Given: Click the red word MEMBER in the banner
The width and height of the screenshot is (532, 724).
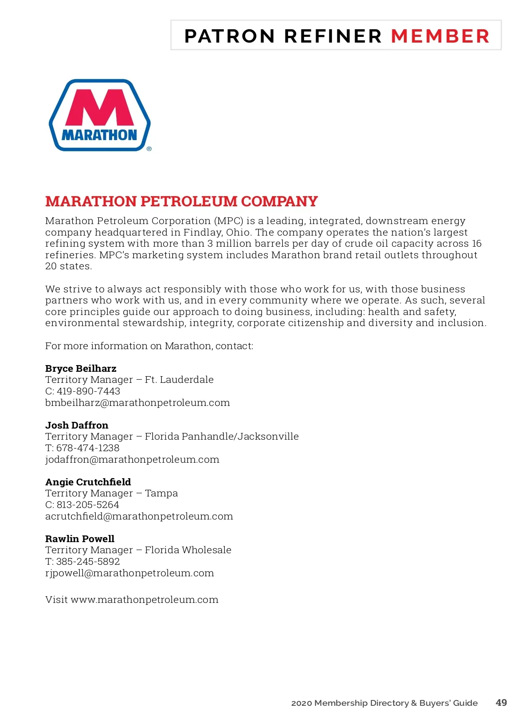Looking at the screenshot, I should click(440, 36).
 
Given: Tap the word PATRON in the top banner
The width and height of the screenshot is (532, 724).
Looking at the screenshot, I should click(230, 36).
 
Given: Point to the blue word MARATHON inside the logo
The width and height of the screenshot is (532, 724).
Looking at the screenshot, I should click(99, 135).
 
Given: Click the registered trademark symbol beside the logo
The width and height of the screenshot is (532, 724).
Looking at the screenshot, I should click(149, 149).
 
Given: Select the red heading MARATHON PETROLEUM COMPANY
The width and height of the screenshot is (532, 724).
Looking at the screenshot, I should click(181, 201).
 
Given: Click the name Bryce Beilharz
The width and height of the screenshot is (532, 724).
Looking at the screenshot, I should click(81, 369).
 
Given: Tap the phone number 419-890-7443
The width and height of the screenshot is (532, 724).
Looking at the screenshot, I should click(88, 391).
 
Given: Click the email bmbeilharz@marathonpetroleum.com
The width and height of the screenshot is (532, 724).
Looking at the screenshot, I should click(137, 403).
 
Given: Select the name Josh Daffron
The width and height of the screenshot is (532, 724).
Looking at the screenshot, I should click(77, 425).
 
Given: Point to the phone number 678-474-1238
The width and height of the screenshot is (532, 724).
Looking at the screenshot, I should click(88, 448).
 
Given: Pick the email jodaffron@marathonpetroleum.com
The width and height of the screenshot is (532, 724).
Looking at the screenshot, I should click(132, 460).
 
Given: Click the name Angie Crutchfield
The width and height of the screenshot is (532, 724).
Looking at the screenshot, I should click(88, 482).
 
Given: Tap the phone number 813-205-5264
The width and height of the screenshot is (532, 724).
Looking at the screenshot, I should click(88, 505).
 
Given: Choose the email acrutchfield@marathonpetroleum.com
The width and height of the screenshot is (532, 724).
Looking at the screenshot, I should click(139, 516).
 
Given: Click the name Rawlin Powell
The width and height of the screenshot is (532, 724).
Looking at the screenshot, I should click(80, 539).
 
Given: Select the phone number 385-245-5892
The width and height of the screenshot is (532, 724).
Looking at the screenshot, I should click(88, 562).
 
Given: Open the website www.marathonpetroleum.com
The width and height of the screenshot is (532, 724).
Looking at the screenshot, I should click(145, 600).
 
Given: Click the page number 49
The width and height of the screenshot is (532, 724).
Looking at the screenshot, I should click(501, 703).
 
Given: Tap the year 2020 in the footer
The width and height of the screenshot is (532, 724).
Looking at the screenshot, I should click(301, 703).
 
